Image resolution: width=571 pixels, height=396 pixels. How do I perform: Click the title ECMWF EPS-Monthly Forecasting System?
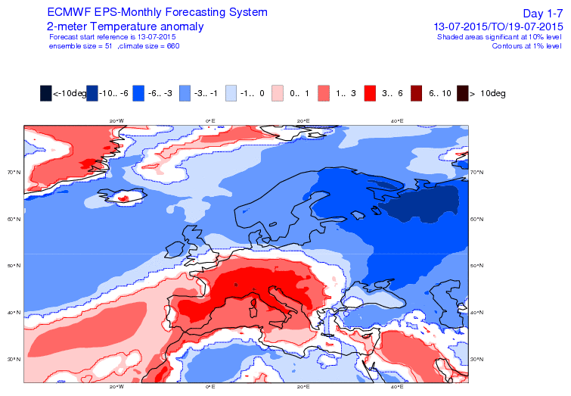coord(157,13)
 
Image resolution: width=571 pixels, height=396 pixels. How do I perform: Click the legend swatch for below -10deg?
coord(46,93)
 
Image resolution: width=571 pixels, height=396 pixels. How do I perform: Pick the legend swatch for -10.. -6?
coord(93,93)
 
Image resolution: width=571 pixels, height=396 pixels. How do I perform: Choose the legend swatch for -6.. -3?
coord(139,93)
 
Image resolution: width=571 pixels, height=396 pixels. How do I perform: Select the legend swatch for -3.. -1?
coord(185,93)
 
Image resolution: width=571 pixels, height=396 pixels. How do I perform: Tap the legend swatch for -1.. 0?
coord(232,93)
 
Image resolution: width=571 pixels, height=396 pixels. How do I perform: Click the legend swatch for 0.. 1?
coord(278,93)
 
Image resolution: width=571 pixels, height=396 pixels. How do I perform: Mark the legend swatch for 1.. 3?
coord(324,93)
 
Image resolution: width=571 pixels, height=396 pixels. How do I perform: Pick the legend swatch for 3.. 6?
coord(371,93)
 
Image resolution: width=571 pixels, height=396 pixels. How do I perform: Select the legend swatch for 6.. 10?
coord(417,93)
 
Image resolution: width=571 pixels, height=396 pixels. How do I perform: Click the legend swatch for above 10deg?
coord(463,93)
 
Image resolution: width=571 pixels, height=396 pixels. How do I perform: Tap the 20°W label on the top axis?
coord(116,120)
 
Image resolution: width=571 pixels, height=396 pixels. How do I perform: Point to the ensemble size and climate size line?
coord(113,45)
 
